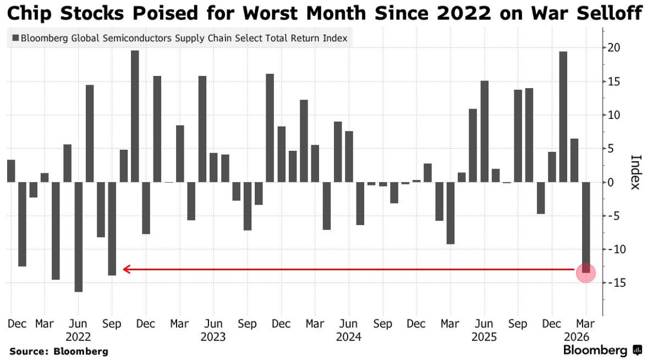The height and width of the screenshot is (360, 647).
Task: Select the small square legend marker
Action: pos(15,39)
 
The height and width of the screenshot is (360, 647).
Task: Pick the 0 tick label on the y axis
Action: pos(611,182)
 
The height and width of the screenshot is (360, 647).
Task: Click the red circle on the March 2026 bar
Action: pos(586,272)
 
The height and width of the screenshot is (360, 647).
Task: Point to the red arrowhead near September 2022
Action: pos(126,269)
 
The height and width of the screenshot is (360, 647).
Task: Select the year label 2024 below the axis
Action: pos(349,337)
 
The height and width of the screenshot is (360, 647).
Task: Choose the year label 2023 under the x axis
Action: pos(213,337)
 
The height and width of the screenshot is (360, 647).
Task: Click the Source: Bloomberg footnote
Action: pos(58,351)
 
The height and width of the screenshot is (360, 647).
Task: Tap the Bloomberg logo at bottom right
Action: pos(603,351)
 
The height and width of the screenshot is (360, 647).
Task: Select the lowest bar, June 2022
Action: pos(78,237)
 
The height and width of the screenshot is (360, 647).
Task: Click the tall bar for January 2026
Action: pos(563,117)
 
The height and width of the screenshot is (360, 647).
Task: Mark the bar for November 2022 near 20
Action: pos(135,116)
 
